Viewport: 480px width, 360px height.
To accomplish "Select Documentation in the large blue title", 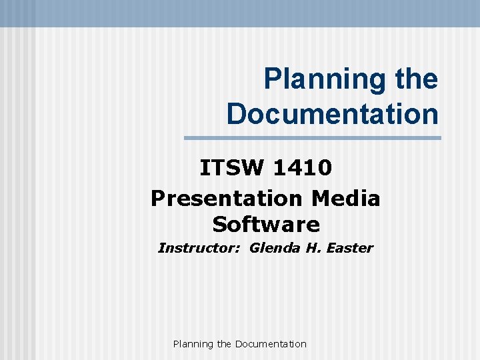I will click(333, 113).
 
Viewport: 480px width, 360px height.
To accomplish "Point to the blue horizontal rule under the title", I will click(312, 138).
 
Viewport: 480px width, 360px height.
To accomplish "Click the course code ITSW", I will click(233, 168).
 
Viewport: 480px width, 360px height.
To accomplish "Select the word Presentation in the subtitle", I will click(226, 199).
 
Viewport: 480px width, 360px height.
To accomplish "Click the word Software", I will click(266, 224).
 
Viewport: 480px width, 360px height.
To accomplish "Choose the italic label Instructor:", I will click(201, 249).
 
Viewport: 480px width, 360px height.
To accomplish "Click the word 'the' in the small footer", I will click(225, 344).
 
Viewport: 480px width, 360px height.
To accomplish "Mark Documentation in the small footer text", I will click(271, 344).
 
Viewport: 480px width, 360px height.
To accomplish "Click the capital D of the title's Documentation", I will click(237, 113).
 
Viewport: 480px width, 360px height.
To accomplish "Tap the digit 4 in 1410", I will click(294, 168).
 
